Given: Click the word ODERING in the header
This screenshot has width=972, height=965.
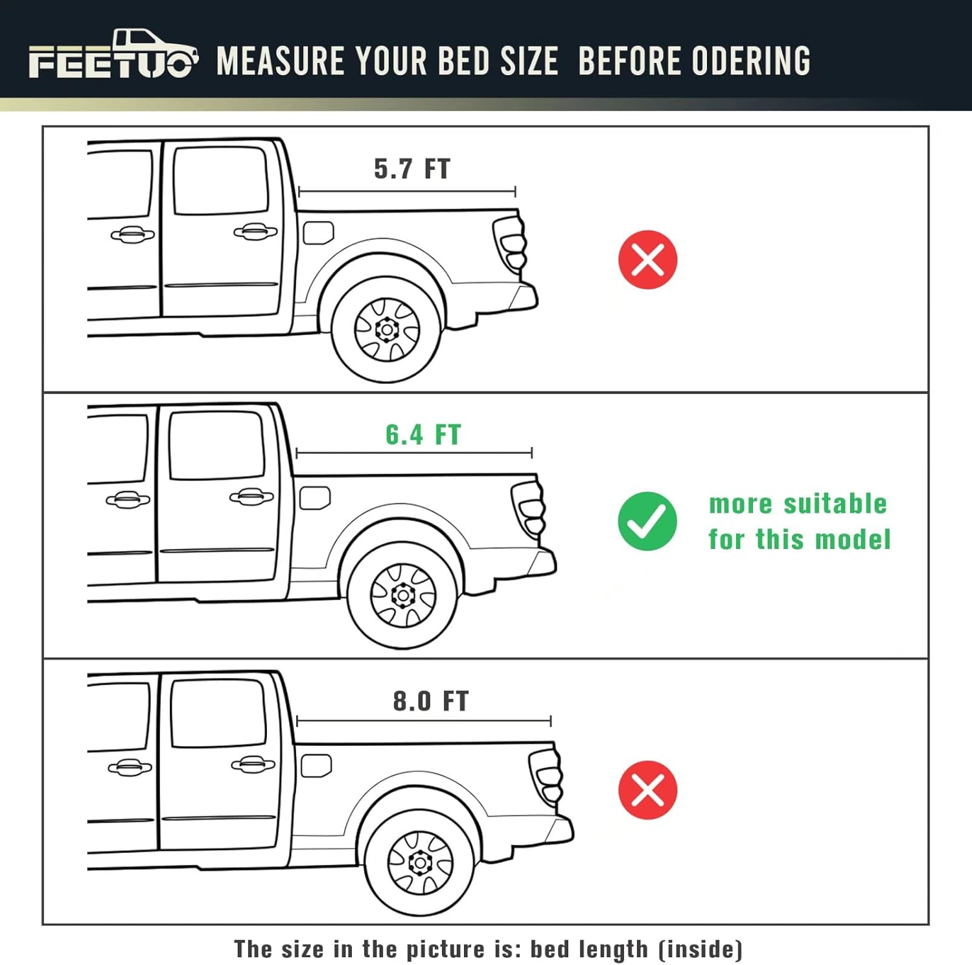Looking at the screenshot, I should click(751, 61).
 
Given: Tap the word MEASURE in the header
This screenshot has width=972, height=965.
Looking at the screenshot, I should click(280, 61).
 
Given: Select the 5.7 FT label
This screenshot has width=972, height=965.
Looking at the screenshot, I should click(411, 169).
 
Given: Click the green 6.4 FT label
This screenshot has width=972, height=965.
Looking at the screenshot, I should click(423, 435).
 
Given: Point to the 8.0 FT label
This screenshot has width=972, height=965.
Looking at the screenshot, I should click(430, 701).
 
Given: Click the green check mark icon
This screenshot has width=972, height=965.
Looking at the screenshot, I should click(647, 521).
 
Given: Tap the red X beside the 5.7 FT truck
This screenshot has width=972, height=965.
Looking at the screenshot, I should click(647, 259).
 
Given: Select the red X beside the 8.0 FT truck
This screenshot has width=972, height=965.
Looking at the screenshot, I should click(647, 790).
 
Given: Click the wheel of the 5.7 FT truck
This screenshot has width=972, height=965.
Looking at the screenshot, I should click(388, 329).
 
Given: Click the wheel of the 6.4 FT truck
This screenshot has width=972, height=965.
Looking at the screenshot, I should click(403, 595).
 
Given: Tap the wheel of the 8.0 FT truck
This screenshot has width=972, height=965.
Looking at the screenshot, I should click(420, 862).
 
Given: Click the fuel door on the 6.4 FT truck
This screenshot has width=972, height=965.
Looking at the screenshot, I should click(315, 498).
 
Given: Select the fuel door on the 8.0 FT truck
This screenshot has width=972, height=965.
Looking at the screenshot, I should click(316, 765).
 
